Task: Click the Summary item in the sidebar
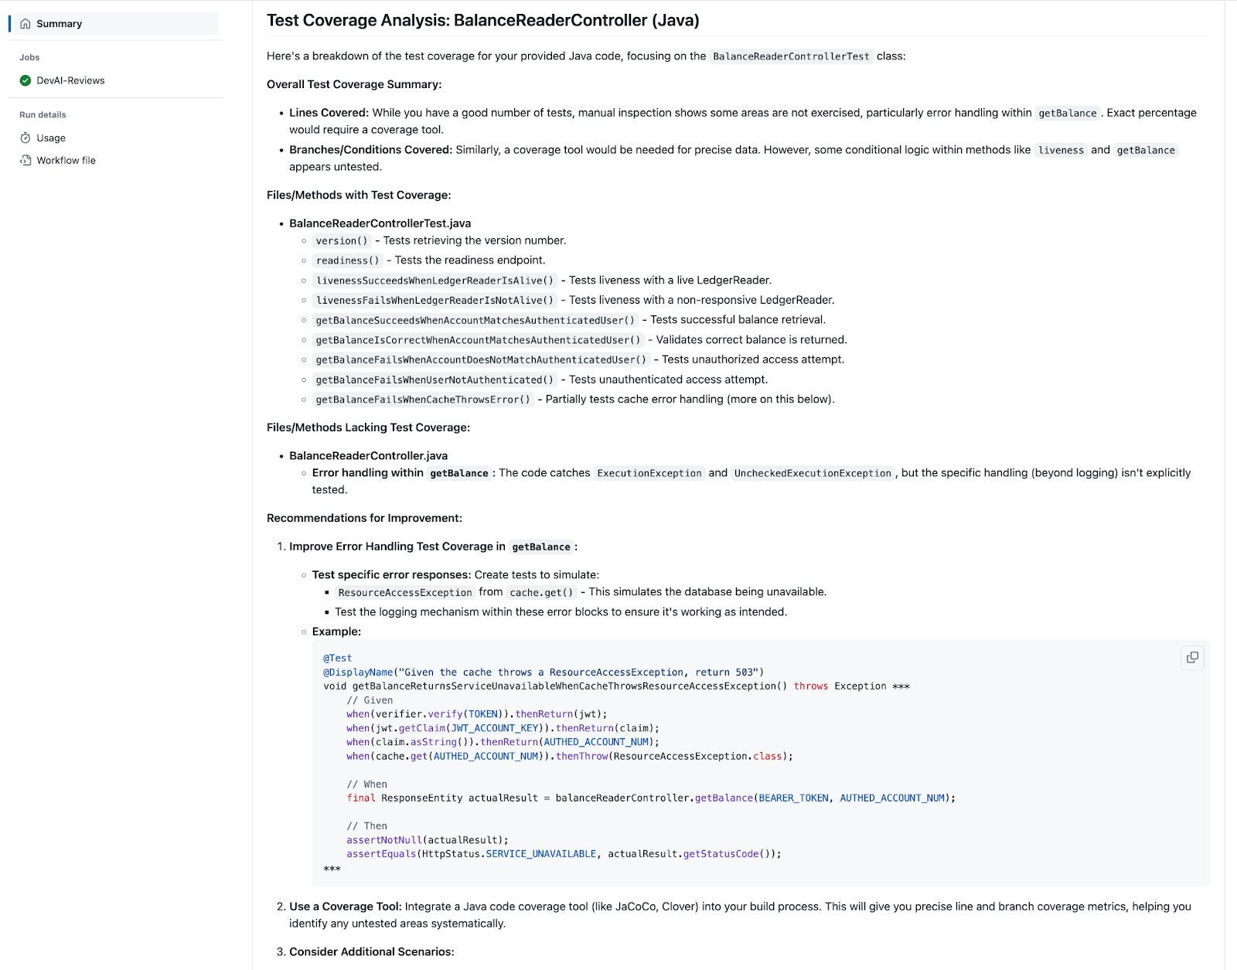pos(59,24)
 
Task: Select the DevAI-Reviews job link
pos(70,80)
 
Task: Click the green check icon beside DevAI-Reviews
pos(26,80)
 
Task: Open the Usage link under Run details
pos(51,138)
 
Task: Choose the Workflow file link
pos(66,161)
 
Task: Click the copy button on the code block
pos(1192,658)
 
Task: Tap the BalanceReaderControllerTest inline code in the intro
pos(791,56)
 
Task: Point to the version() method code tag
pos(342,241)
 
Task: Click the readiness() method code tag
pos(347,260)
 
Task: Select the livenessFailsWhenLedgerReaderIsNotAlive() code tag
pos(434,301)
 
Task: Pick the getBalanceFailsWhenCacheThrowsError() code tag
pos(423,400)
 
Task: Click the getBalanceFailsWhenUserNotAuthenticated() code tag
pos(434,380)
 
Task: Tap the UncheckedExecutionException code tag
pos(813,474)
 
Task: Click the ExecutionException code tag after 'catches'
pos(649,474)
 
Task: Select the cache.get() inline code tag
pos(541,593)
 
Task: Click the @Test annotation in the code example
pos(337,659)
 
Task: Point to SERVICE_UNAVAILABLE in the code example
pos(541,854)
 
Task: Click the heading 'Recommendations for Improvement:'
pos(364,518)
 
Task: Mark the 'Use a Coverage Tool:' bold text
pos(345,907)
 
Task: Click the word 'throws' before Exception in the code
pos(810,686)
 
